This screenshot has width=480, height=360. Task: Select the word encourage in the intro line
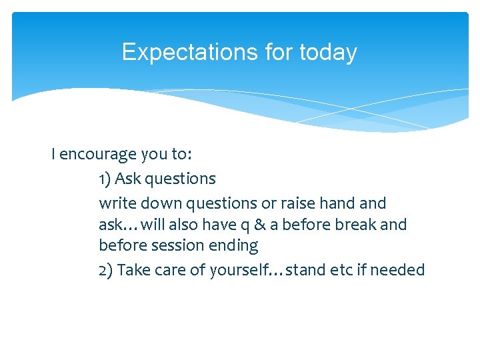coord(99,155)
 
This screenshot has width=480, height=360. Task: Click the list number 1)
coord(105,179)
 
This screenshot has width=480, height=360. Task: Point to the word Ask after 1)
coord(128,179)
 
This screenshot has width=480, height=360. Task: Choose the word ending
coord(234,246)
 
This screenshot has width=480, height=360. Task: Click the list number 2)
coord(106,270)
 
